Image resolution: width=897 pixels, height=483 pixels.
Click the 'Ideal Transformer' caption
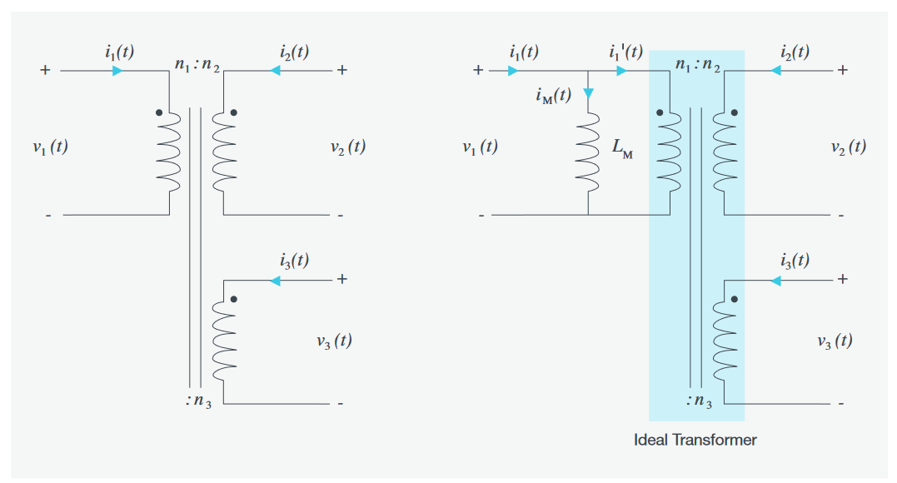click(x=695, y=439)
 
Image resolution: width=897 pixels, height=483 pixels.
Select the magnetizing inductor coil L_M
click(x=589, y=150)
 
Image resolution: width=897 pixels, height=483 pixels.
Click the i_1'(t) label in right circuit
click(x=625, y=52)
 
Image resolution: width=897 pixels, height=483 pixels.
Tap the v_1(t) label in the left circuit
click(x=50, y=147)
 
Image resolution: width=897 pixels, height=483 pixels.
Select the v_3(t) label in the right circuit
click(x=834, y=341)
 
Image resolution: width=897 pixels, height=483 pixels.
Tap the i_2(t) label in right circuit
click(x=794, y=52)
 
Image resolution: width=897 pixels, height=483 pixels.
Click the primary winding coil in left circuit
click(x=169, y=150)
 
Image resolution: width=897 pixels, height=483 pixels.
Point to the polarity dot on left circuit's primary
click(x=157, y=112)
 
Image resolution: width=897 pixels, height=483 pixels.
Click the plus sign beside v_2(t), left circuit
click(x=341, y=71)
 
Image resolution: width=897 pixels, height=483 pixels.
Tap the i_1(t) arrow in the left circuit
click(x=117, y=71)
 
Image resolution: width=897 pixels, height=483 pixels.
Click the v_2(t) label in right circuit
click(x=848, y=147)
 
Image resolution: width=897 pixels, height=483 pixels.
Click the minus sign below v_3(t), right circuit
click(x=841, y=404)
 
